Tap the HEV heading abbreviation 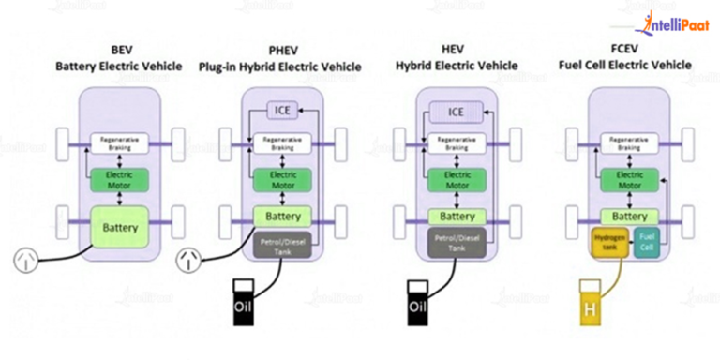(456, 50)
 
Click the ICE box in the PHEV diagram (283, 112)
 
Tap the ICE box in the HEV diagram (456, 112)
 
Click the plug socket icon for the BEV (26, 259)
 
